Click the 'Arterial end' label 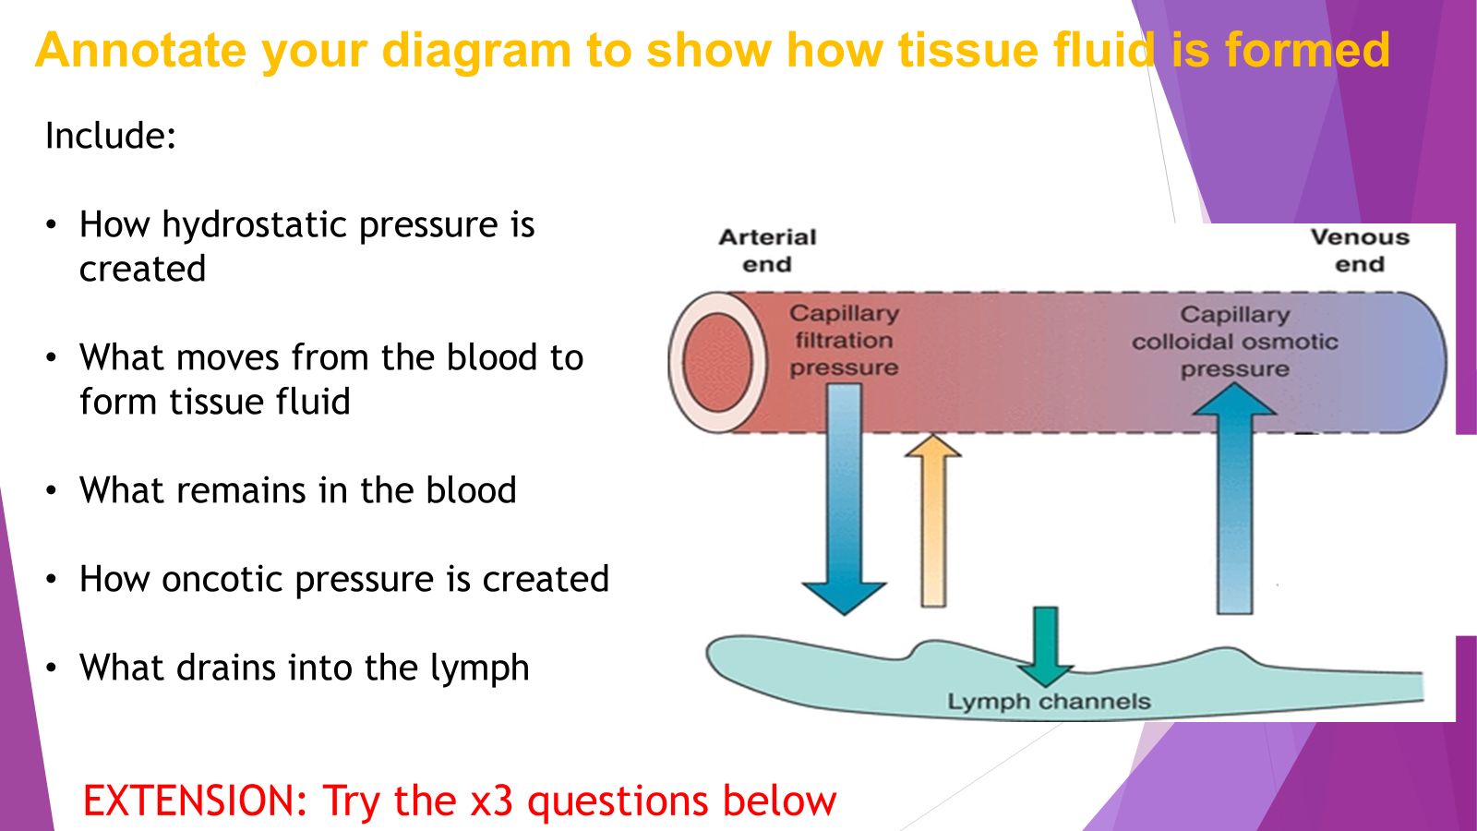point(767,250)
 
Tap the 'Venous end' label point(1360,250)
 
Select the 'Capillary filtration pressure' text point(844,341)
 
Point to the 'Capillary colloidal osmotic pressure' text point(1234,342)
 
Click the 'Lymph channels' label point(1049,702)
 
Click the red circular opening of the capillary point(717,362)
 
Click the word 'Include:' point(111,137)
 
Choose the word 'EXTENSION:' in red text point(195,801)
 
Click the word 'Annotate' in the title point(141,50)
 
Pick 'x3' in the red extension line point(492,801)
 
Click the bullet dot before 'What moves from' point(52,358)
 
